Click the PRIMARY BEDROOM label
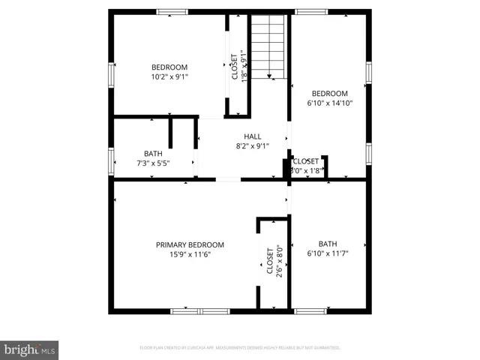(x=190, y=244)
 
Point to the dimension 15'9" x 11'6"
(x=190, y=254)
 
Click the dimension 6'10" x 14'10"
(x=329, y=103)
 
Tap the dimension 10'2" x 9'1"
(x=169, y=76)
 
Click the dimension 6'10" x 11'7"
(x=328, y=253)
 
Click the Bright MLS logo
(x=30, y=349)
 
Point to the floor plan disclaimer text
(x=240, y=348)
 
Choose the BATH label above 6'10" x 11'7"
(x=328, y=244)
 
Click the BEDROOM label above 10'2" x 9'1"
(x=169, y=67)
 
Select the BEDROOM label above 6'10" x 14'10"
(x=329, y=93)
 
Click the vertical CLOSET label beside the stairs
(x=233, y=67)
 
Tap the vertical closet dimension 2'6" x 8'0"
(x=279, y=262)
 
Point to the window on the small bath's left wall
(x=112, y=160)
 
